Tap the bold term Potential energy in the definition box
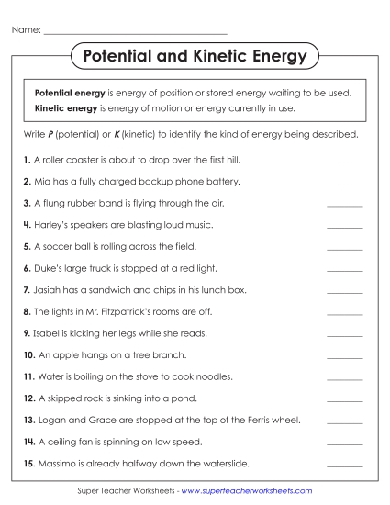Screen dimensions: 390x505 [70, 94]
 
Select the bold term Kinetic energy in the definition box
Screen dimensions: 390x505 [66, 108]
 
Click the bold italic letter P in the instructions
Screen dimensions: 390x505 [51, 134]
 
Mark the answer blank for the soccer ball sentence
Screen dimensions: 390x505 [344, 247]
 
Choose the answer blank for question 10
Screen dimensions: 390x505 [344, 355]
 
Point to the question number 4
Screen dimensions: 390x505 [27, 225]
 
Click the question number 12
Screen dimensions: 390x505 [28, 398]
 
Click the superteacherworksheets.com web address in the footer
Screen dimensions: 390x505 [246, 492]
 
